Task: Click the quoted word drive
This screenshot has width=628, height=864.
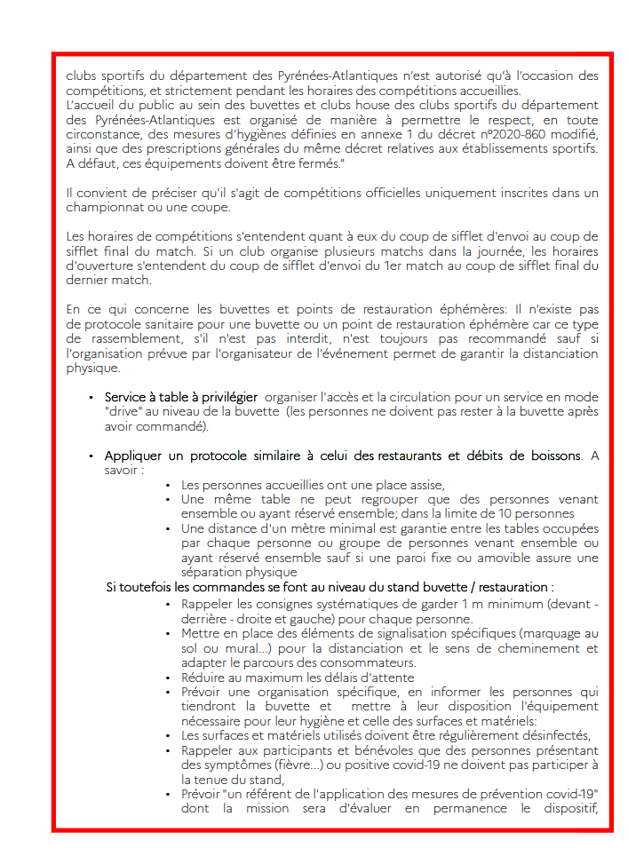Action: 123,412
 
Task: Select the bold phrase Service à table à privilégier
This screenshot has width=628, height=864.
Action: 181,397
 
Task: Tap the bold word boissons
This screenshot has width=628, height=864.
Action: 552,456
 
